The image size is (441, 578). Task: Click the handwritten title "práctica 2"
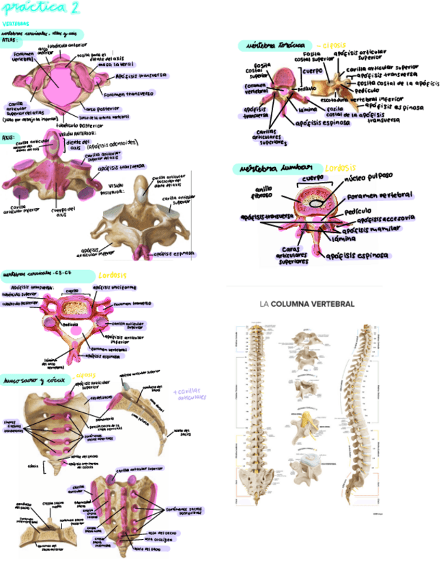coord(41,9)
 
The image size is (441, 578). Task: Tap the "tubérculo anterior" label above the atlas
coord(72,46)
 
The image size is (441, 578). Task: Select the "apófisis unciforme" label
coord(114,287)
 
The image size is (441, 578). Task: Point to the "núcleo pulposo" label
coord(369,179)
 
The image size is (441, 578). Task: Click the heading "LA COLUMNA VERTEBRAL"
coord(307,303)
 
